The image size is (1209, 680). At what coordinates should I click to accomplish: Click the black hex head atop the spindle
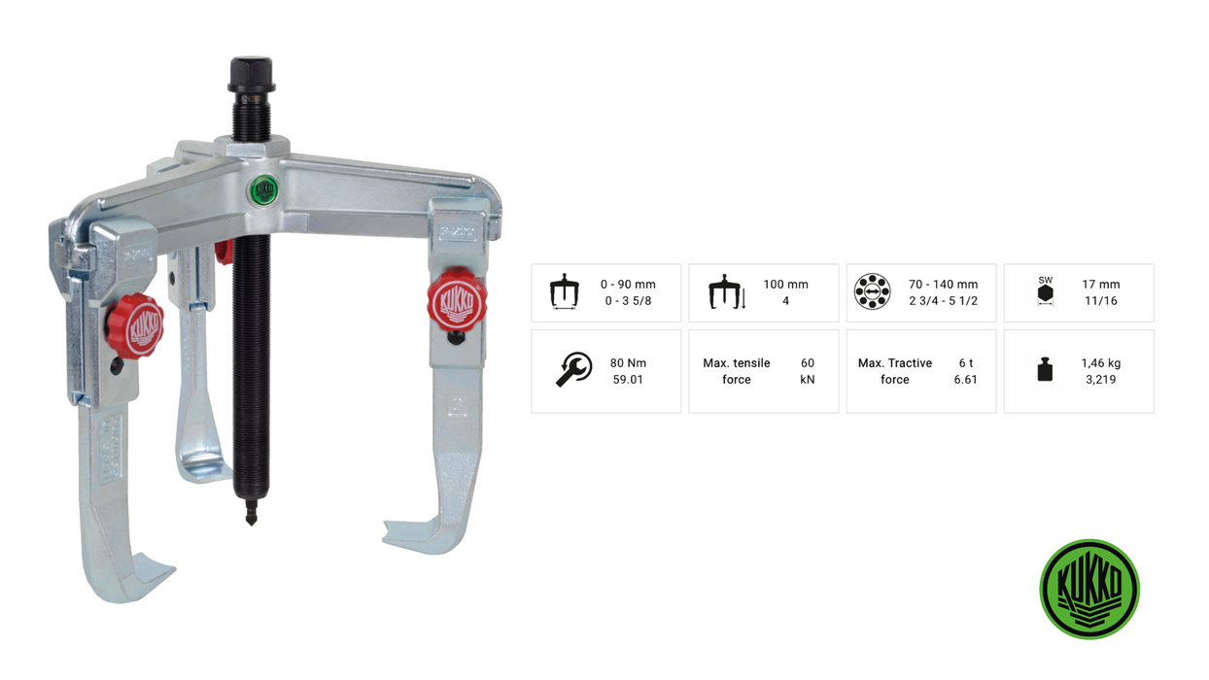coord(251,75)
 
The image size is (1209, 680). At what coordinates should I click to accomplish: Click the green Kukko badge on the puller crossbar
coord(264,190)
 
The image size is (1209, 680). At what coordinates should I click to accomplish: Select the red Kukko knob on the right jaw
coord(457,300)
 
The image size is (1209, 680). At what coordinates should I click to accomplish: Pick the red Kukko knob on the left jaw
coord(135,326)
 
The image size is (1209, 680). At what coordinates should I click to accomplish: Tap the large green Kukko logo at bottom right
coord(1089,589)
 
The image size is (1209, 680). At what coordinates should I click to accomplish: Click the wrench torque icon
coord(573,370)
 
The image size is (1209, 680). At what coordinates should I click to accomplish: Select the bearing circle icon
coord(872,291)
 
